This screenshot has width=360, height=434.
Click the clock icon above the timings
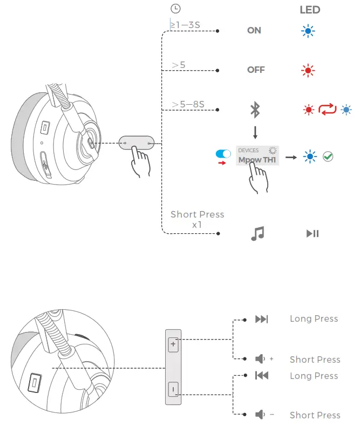click(175, 9)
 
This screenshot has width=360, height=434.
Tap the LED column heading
click(310, 10)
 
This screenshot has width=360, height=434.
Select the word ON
click(254, 31)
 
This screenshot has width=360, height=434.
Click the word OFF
click(256, 70)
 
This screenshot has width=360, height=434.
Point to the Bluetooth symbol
click(255, 110)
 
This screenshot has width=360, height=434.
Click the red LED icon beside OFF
click(308, 70)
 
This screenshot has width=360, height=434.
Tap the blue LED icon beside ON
click(308, 31)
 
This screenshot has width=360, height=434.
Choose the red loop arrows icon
click(327, 110)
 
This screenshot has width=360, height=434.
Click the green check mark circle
click(328, 157)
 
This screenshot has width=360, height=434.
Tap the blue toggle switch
click(223, 154)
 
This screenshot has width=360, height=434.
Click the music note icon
click(257, 233)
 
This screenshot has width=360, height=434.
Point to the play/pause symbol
click(313, 234)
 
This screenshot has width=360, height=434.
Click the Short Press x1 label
click(197, 219)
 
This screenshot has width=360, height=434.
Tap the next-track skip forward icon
click(261, 319)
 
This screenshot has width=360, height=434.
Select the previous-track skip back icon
click(261, 376)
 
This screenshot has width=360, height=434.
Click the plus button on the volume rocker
click(173, 344)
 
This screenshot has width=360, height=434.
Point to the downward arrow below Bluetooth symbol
click(255, 132)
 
